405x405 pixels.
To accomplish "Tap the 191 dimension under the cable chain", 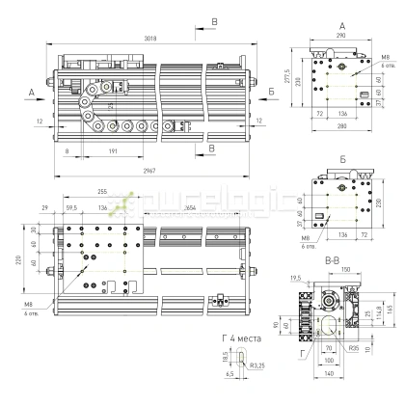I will click(113, 152).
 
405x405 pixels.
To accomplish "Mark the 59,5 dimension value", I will click(72, 206).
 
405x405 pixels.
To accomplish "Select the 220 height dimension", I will click(18, 258).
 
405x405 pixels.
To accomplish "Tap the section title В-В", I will click(331, 261).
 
